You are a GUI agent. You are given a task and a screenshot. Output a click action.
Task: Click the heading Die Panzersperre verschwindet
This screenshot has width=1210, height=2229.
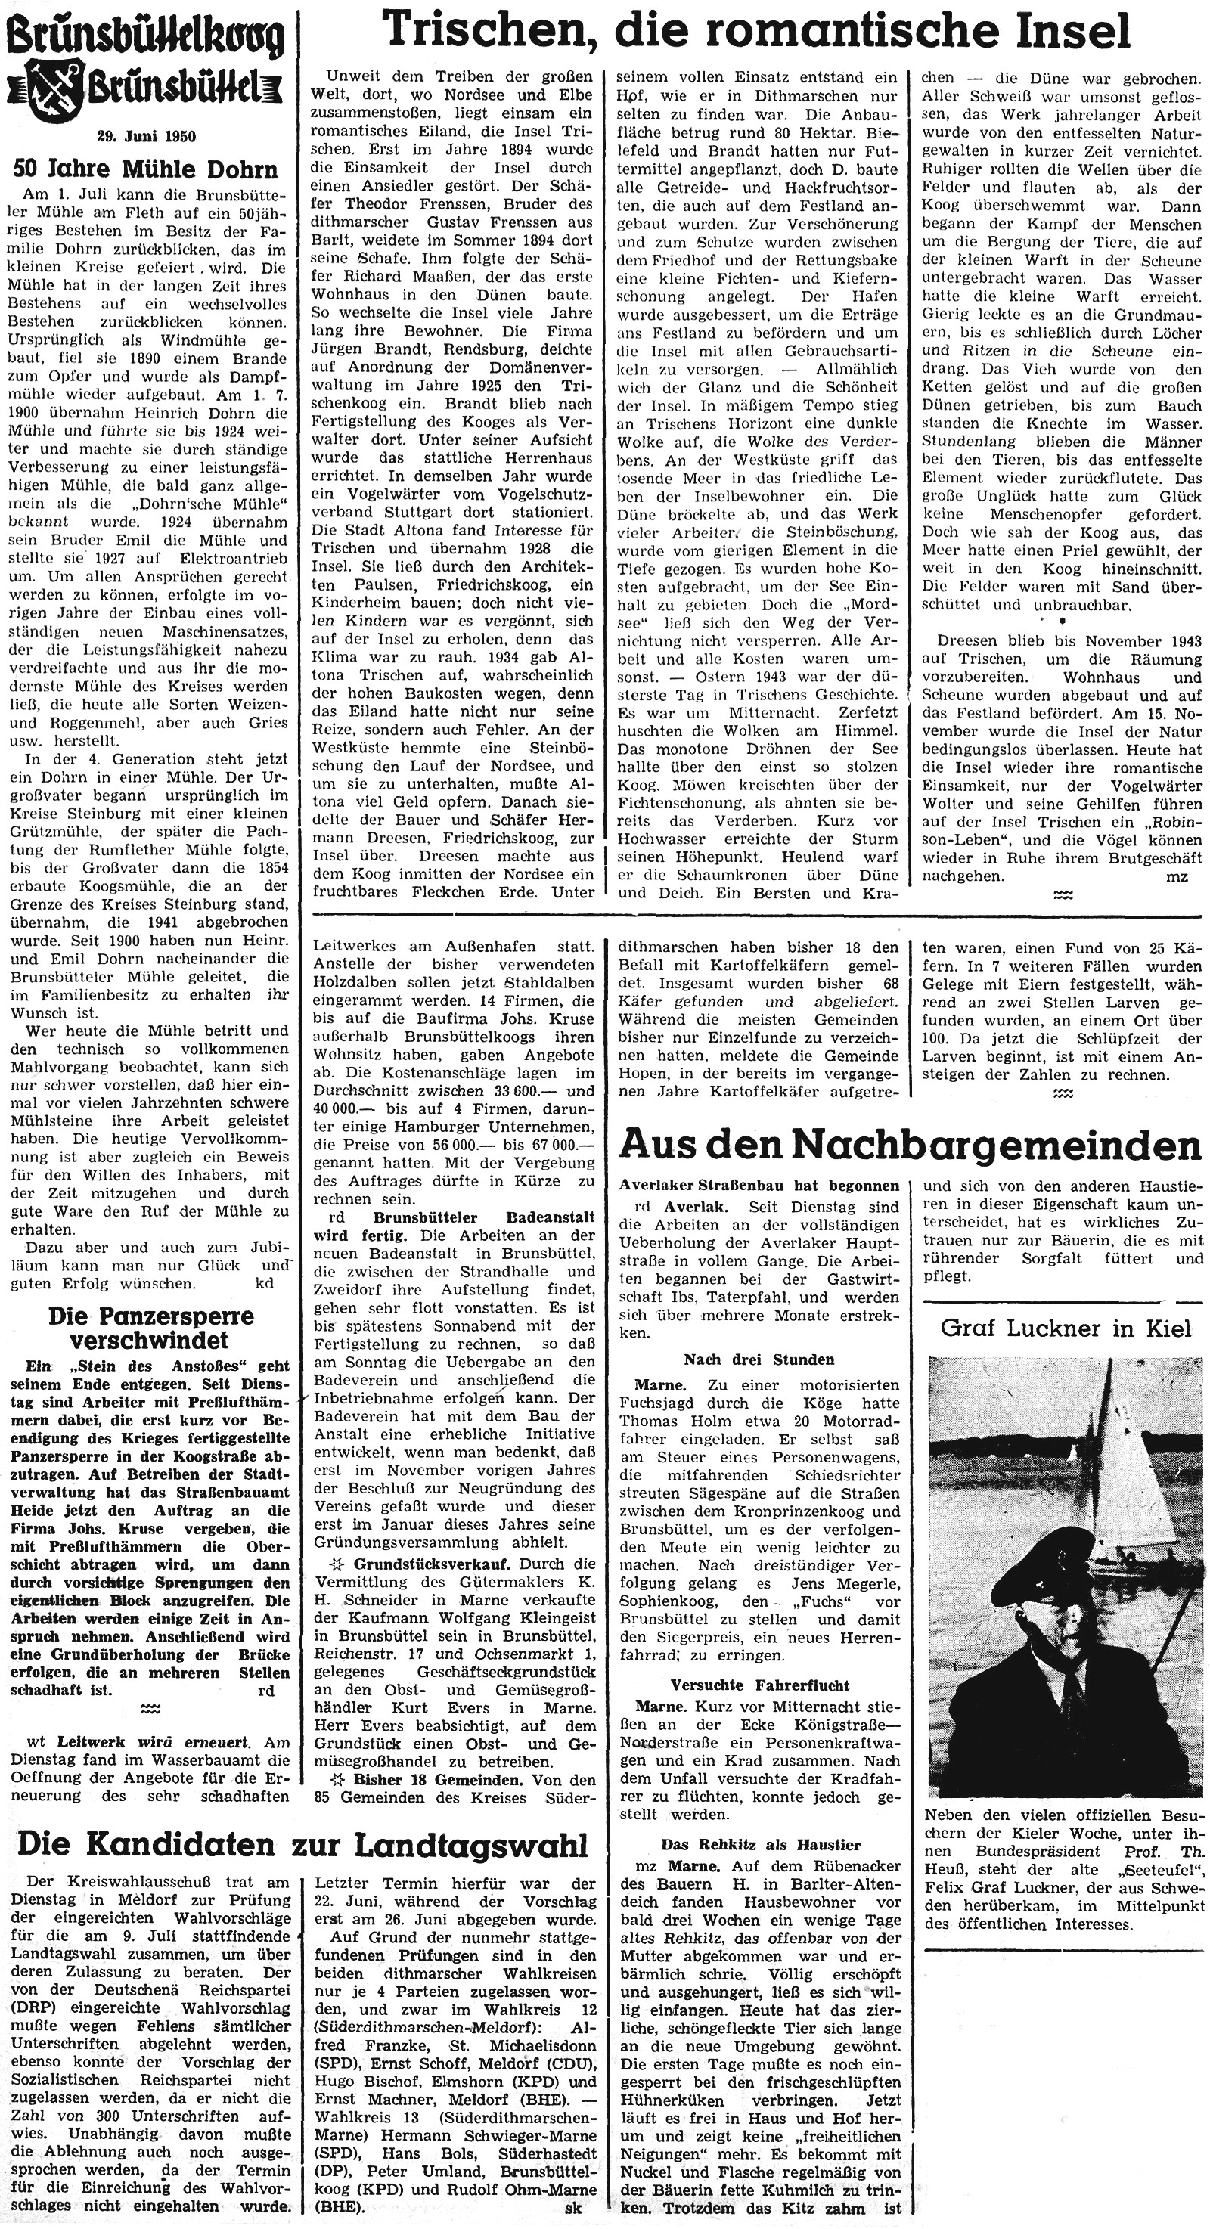150,1328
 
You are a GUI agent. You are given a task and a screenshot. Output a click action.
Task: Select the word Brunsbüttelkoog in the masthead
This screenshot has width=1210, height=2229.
144,36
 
